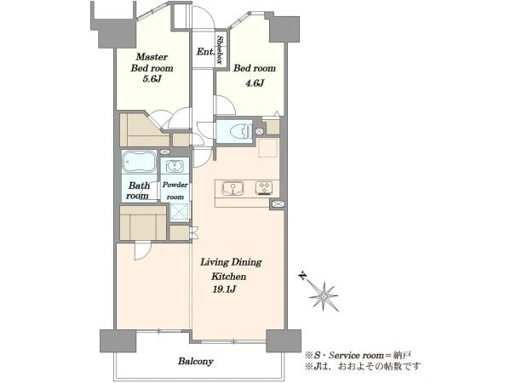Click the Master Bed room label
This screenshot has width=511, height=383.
click(x=152, y=62)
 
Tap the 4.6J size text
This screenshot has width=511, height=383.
click(x=255, y=83)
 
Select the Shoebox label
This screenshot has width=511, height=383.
click(x=221, y=49)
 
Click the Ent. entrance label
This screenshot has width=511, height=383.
click(x=205, y=51)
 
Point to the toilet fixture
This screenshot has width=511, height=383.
click(x=241, y=132)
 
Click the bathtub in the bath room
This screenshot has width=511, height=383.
click(x=139, y=161)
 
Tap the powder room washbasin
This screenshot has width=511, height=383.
click(x=175, y=166)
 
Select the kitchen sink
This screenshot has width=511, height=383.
click(x=233, y=189)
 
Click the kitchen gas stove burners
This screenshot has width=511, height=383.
click(x=264, y=188)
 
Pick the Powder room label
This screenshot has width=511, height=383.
click(x=175, y=191)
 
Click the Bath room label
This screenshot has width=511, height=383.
click(x=138, y=191)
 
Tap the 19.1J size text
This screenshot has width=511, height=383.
click(x=224, y=289)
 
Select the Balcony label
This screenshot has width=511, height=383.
click(x=196, y=361)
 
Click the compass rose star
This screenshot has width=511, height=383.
click(x=324, y=296)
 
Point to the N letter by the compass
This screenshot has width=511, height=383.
click(x=303, y=276)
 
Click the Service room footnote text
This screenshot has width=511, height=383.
click(x=359, y=355)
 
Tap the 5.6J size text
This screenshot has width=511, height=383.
click(x=152, y=79)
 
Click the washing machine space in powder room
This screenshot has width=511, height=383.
click(x=180, y=212)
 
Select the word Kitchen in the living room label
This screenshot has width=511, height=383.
click(x=228, y=277)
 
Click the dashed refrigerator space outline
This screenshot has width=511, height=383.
click(x=268, y=148)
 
